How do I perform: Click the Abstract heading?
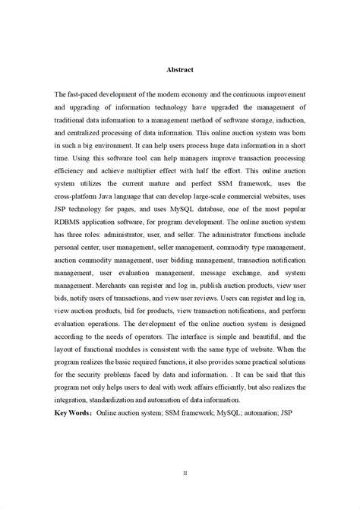[x=180, y=69]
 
